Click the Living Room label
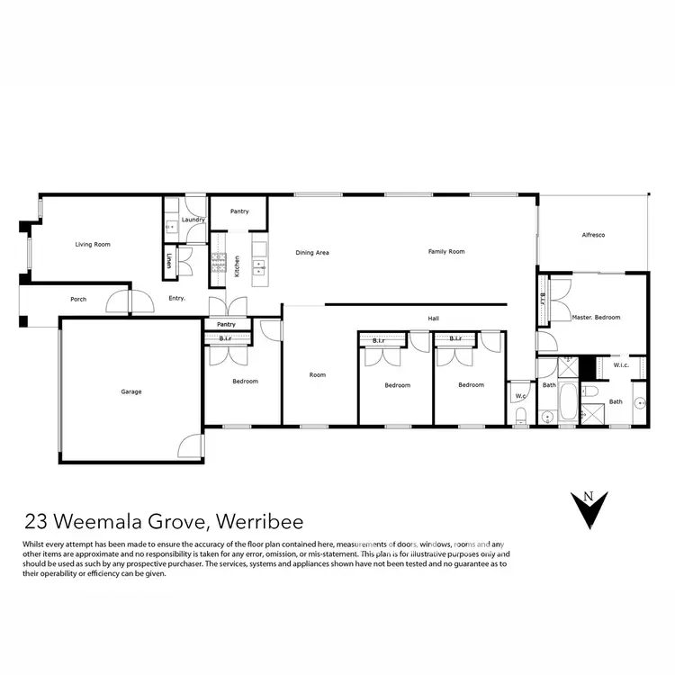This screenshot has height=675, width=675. pos(92,244)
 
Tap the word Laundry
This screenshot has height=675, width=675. pos(193,220)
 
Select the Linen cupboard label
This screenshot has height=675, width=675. pos(168,260)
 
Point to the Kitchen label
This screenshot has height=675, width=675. pos(237,266)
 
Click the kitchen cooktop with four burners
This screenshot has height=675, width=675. pos(219,262)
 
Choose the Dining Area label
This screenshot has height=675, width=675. pos(312,253)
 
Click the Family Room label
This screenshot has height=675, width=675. pos(446,252)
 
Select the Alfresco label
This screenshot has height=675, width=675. pos(591,235)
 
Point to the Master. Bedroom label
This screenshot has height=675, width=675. pos(596,318)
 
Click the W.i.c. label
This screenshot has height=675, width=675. pos(620,365)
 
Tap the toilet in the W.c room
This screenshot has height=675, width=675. pos(521,413)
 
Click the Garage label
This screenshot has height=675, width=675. pos(131,391)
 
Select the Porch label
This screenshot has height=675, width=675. pos(78,299)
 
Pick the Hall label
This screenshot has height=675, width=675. pos(434,318)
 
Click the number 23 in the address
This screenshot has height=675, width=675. pos(36,522)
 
